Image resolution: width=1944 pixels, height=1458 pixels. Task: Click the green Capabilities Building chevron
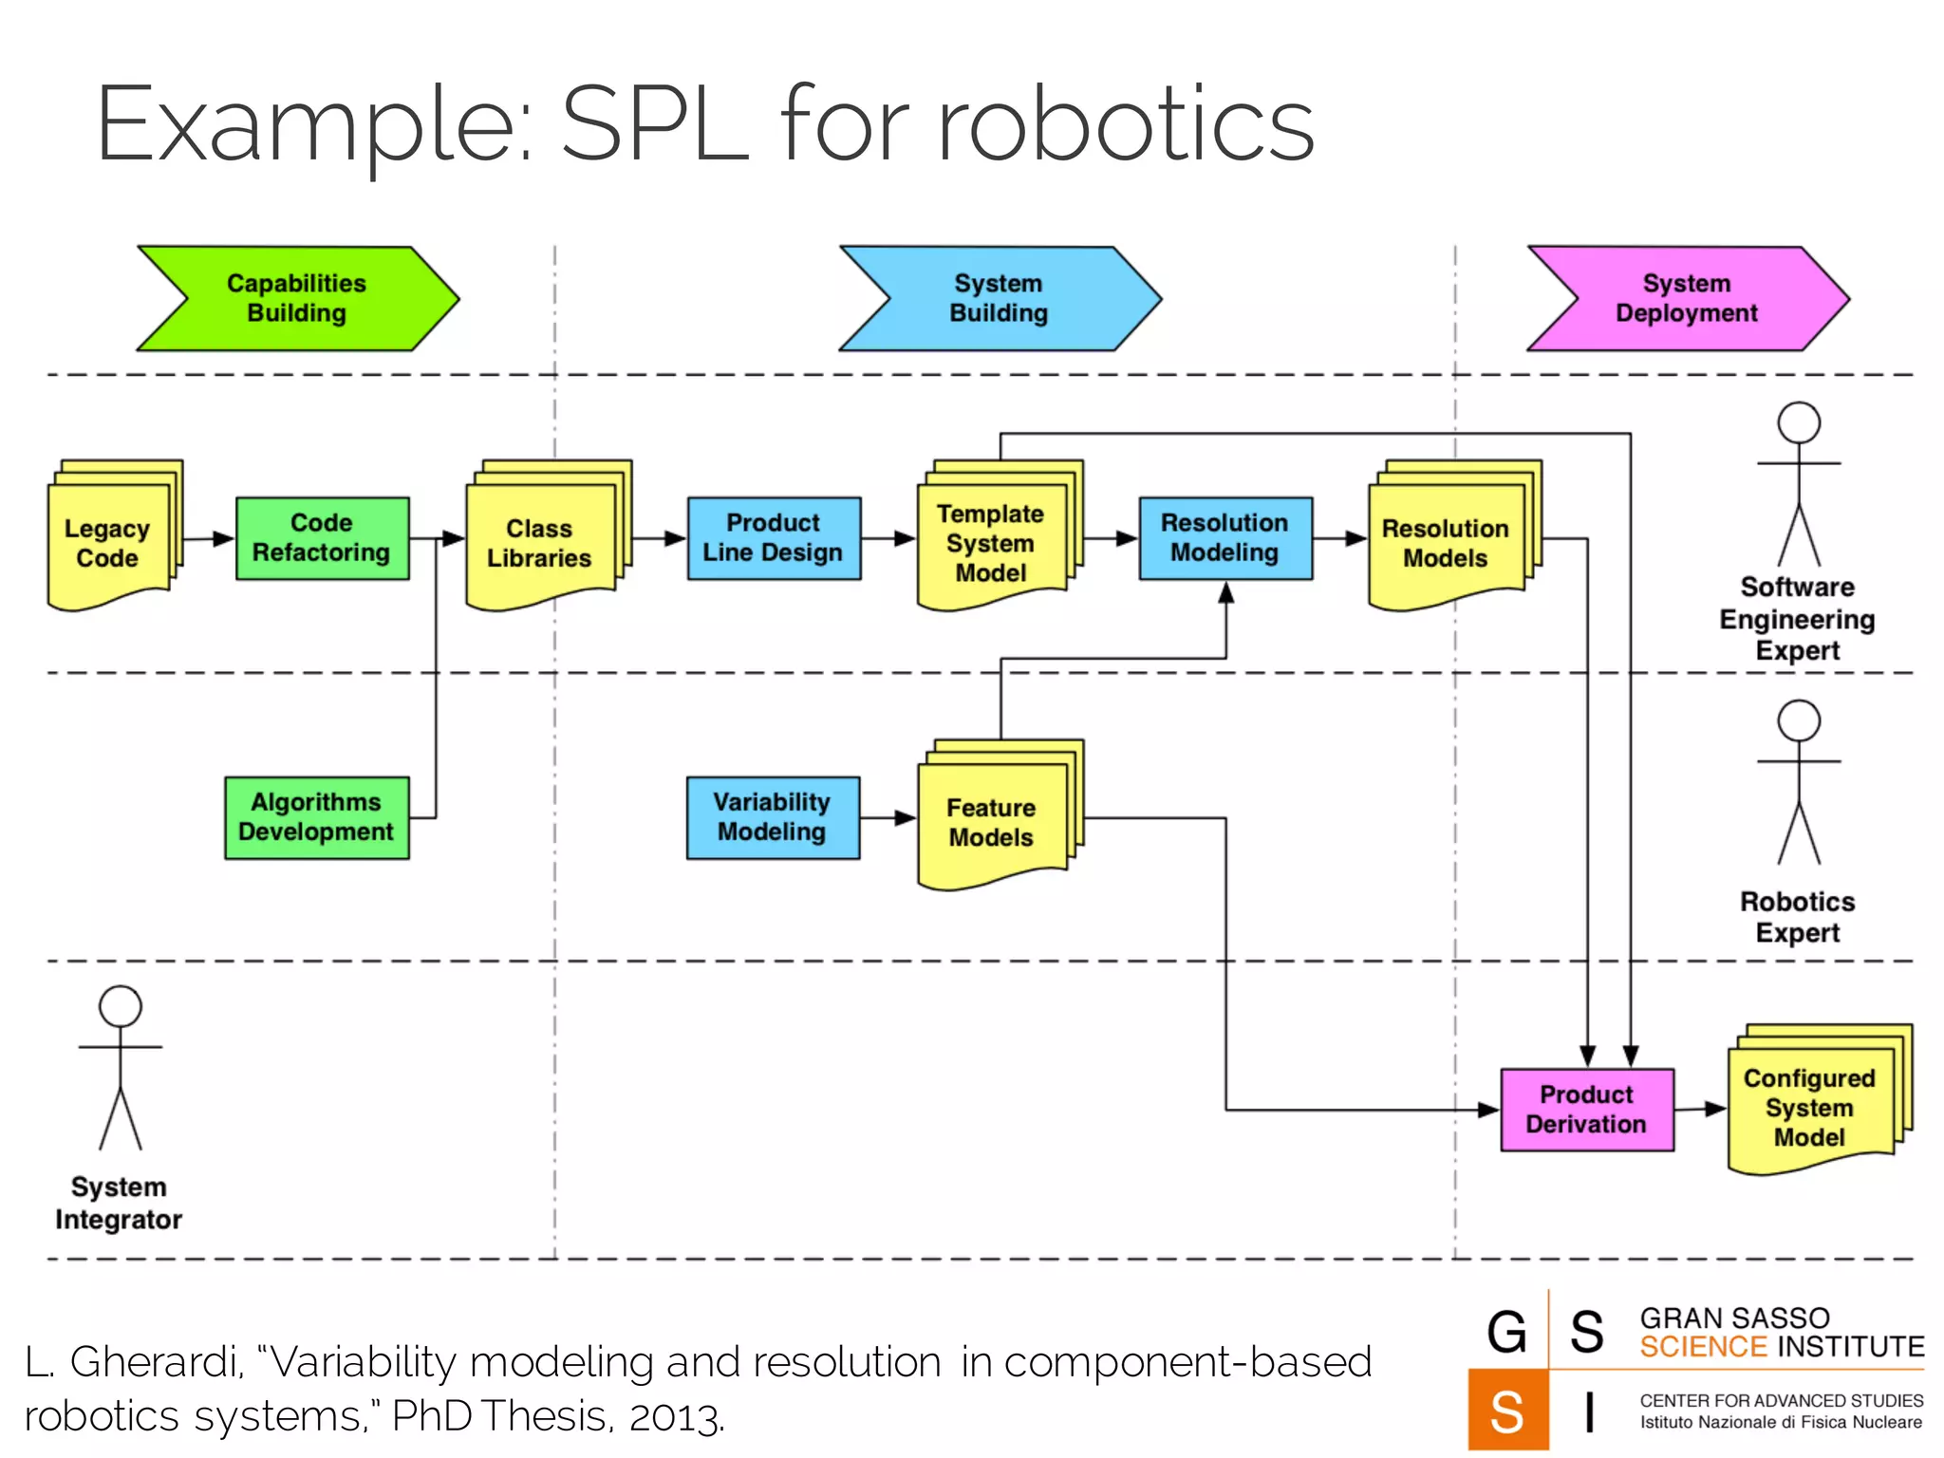297,299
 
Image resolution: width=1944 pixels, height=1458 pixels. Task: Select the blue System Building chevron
999,299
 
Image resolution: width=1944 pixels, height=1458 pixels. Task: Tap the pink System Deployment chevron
1687,299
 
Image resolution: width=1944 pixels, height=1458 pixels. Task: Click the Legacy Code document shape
108,543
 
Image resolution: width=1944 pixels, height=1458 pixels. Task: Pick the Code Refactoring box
322,538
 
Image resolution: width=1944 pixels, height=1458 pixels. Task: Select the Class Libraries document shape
539,543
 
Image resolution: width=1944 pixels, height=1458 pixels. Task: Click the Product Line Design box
773,538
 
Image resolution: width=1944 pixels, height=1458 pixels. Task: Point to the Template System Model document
991,543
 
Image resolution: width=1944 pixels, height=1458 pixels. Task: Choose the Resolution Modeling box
1224,538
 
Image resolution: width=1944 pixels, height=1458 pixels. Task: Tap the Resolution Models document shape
1445,543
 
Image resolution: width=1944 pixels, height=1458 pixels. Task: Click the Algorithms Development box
316,817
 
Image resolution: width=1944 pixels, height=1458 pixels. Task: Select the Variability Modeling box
772,817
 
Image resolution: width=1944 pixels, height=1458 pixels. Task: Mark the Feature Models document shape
991,822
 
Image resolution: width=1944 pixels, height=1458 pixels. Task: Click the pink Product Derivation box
1586,1110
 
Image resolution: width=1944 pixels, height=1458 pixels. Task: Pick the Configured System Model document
1809,1108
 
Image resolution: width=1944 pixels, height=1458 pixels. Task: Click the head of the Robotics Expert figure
1798,720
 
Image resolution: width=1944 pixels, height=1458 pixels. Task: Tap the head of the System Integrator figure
121,1006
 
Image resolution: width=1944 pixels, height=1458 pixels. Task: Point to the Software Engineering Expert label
1797,619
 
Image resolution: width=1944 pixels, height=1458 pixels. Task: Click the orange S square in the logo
1507,1411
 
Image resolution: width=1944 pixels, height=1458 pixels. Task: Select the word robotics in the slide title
1126,124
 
